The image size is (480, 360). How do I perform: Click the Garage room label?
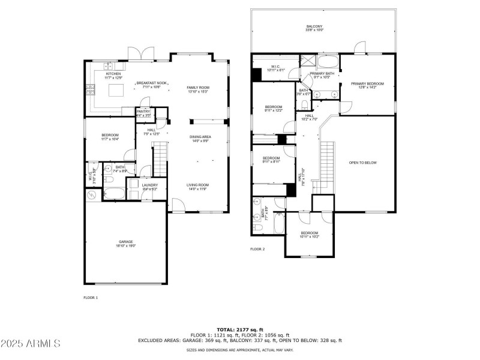(x=126, y=244)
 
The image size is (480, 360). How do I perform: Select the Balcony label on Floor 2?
(x=315, y=28)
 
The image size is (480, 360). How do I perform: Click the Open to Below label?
(x=362, y=163)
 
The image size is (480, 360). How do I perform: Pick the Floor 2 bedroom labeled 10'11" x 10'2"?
(x=309, y=235)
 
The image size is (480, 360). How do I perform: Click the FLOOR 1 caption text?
(x=90, y=297)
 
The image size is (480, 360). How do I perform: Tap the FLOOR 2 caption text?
(x=257, y=248)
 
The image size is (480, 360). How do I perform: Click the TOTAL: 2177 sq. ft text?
(x=240, y=329)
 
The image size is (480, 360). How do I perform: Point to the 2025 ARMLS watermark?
(x=31, y=344)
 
